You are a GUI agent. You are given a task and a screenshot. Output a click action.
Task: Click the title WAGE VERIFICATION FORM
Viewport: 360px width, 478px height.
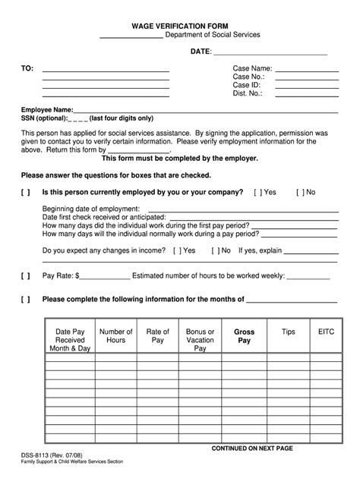click(180, 25)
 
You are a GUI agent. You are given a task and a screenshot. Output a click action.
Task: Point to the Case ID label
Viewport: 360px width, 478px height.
click(247, 86)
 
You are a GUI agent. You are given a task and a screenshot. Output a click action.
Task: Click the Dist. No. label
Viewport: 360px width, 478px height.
click(248, 94)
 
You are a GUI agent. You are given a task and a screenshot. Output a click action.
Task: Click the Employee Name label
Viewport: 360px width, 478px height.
click(47, 110)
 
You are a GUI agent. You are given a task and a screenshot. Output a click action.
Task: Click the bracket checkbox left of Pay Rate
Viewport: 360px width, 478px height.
click(26, 275)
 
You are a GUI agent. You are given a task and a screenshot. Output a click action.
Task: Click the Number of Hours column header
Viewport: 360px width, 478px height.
click(116, 336)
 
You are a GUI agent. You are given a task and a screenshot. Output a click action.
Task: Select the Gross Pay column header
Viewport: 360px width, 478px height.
click(245, 336)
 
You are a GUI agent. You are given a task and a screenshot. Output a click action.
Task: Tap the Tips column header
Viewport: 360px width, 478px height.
click(288, 332)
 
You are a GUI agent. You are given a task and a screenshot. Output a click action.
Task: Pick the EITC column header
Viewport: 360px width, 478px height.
click(326, 332)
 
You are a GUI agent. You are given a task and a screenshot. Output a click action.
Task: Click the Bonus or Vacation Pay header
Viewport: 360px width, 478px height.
click(201, 340)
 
